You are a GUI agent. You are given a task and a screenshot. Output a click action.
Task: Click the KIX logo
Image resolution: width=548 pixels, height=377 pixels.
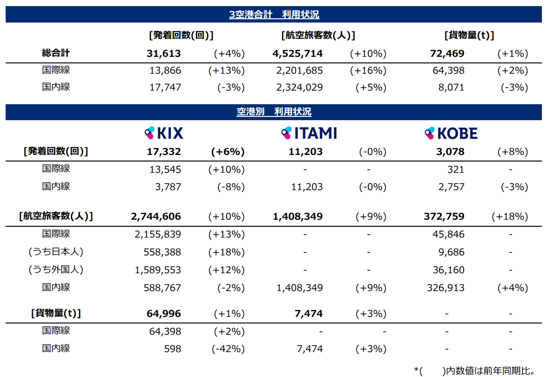164,133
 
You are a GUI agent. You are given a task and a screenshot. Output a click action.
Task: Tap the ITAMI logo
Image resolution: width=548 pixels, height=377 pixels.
309,133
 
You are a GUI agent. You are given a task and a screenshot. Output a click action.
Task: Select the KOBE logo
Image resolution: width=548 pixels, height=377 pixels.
450,133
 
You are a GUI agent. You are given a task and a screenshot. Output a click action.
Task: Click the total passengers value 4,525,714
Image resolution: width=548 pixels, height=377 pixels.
297,54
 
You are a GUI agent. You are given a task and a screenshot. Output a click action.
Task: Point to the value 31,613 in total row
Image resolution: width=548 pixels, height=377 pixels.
164,54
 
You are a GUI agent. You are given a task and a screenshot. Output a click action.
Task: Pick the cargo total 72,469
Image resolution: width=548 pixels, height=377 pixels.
447,54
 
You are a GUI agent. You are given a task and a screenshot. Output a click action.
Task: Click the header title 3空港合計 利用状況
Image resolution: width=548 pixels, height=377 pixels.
274,15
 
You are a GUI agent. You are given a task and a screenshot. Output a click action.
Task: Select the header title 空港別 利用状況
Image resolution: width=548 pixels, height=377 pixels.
274,112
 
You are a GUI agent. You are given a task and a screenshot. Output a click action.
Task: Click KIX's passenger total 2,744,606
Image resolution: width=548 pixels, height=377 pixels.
156,216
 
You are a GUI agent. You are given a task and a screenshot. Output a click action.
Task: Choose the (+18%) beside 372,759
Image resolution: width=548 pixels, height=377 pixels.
510,216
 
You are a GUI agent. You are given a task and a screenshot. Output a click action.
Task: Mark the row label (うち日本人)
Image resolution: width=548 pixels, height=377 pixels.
56,252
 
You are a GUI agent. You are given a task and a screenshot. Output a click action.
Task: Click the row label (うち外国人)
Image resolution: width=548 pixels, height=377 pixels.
56,270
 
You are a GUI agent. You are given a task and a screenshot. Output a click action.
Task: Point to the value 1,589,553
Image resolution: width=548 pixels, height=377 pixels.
158,270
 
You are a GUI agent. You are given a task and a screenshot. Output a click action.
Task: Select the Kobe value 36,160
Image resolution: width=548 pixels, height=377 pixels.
449,270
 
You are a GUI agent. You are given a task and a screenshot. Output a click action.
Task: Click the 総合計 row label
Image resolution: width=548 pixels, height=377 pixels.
56,53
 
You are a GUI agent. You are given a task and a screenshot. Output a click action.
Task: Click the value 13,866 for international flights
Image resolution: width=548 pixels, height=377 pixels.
166,71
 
